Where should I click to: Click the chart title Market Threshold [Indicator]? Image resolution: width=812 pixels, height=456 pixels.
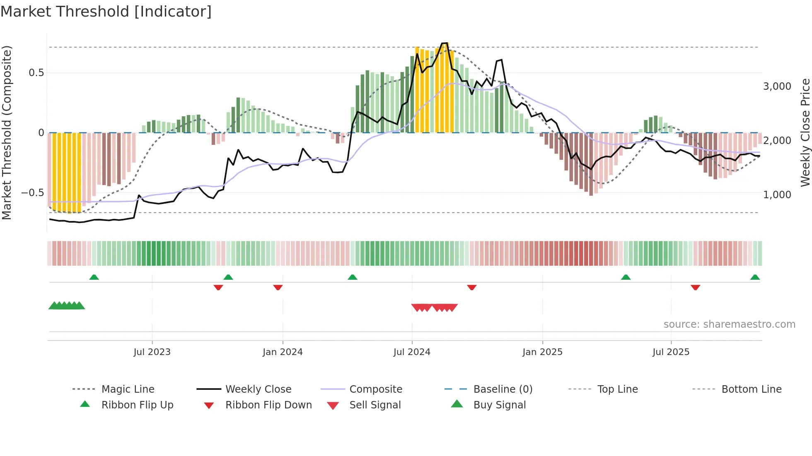(x=106, y=12)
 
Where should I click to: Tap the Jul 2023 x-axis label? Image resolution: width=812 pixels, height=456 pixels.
(x=152, y=352)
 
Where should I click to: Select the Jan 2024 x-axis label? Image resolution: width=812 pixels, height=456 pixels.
(x=283, y=352)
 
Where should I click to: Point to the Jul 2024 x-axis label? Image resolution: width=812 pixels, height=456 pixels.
(x=412, y=352)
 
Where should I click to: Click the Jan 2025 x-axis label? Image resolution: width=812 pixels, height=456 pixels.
(x=542, y=352)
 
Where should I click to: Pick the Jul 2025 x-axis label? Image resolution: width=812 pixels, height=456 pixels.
(x=671, y=352)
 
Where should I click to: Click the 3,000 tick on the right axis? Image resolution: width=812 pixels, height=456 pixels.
(x=777, y=86)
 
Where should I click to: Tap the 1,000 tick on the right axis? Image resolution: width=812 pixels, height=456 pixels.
(x=777, y=194)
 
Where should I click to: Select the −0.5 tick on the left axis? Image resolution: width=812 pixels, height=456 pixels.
(x=32, y=193)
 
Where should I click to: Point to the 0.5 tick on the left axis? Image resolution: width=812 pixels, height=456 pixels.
(x=36, y=73)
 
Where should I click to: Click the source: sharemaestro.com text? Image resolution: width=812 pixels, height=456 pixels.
(x=729, y=324)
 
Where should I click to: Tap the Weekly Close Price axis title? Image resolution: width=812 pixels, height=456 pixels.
(x=805, y=132)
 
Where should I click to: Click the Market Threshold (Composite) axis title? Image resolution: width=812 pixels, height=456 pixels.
(x=7, y=132)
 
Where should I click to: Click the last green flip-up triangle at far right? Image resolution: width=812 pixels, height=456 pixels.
(x=755, y=277)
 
